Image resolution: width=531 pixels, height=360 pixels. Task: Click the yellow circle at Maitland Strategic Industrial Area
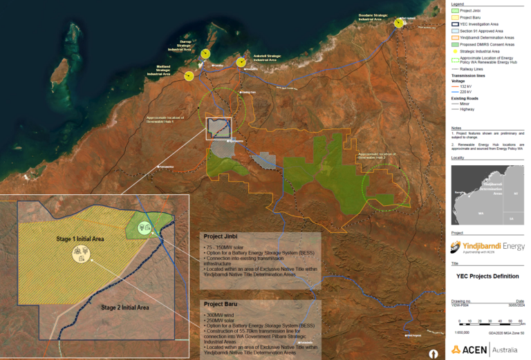[x=189, y=75]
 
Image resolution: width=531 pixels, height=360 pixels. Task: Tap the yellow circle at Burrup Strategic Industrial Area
[x=205, y=53]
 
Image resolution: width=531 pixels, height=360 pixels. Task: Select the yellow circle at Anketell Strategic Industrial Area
[x=241, y=62]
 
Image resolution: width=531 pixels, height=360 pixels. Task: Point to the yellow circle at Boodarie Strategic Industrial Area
[x=399, y=23]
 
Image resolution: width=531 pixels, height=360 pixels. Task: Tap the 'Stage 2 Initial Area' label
[x=125, y=307]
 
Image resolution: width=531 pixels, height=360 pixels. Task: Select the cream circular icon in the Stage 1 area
[x=82, y=256]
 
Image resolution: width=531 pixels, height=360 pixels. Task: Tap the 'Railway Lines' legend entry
[x=472, y=69]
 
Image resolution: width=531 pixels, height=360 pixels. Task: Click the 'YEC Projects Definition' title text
[x=487, y=275]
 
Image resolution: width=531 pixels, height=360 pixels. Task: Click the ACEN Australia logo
[x=487, y=349]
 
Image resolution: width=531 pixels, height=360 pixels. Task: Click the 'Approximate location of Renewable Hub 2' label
[x=377, y=155]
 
